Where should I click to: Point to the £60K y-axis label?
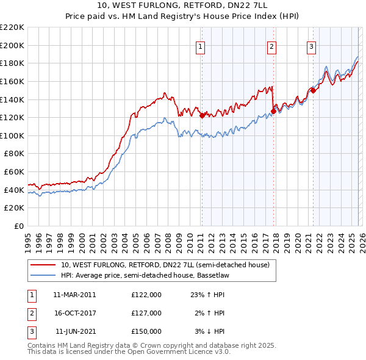tap(14, 172)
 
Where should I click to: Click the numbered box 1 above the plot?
tap(200, 45)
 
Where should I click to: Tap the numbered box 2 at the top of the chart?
tap(271, 45)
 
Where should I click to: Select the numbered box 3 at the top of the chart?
tap(311, 45)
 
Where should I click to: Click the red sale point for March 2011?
tap(202, 115)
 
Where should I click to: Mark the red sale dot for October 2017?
tap(273, 111)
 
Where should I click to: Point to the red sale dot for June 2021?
tap(312, 90)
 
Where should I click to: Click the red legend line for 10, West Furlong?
tap(43, 265)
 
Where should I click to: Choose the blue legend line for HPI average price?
tap(43, 275)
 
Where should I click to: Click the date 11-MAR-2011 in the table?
tap(74, 295)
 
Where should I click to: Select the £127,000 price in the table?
tap(146, 313)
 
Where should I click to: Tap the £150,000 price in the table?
tap(146, 331)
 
